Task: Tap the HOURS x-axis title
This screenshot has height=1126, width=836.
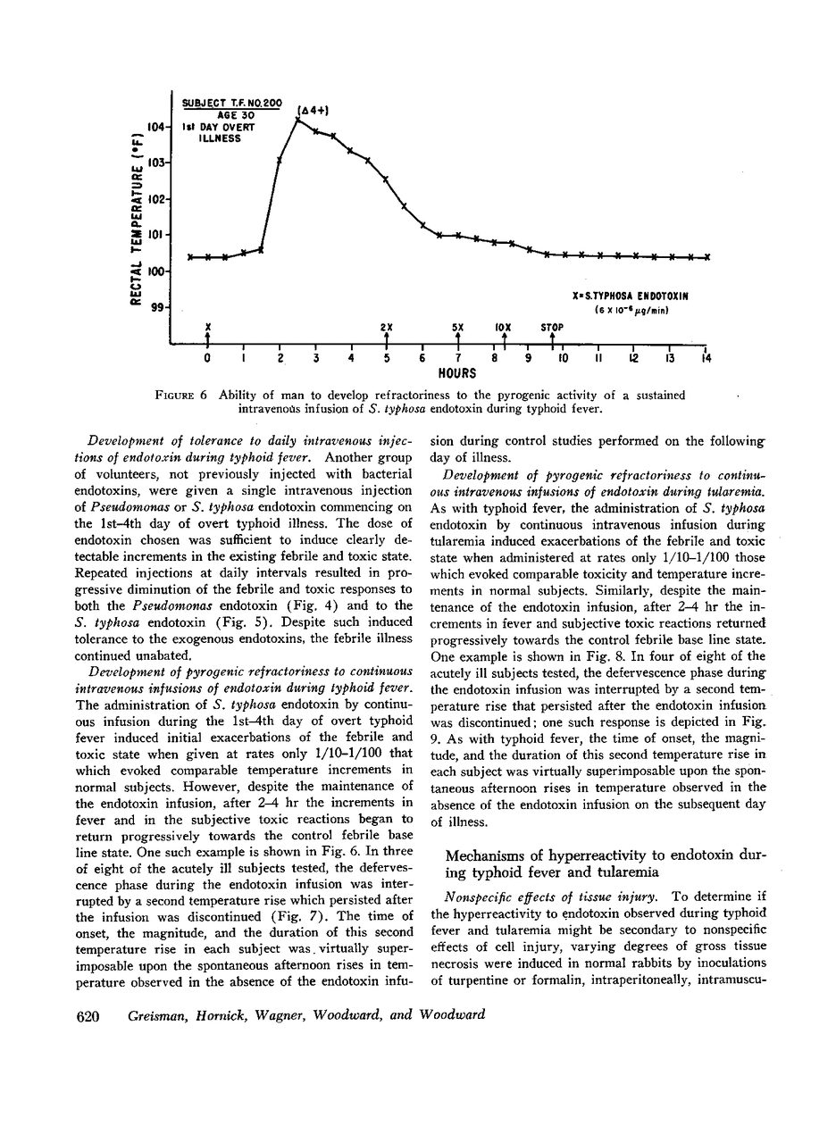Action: (x=456, y=373)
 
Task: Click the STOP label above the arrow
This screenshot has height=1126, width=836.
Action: (x=552, y=327)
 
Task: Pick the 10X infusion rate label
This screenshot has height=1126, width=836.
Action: (x=502, y=327)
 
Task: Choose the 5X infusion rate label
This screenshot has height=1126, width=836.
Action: (x=457, y=327)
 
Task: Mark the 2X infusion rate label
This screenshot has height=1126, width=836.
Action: (x=386, y=327)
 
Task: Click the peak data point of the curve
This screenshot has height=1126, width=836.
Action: (x=297, y=120)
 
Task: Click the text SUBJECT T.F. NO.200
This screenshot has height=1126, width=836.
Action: (x=232, y=104)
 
